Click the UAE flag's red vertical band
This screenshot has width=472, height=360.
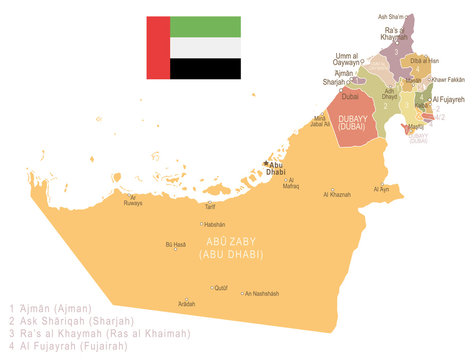(157, 47)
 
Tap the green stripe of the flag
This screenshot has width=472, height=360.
(204, 26)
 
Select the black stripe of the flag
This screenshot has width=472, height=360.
(204, 68)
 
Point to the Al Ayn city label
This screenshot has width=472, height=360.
(381, 189)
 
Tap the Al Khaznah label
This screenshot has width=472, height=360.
(337, 194)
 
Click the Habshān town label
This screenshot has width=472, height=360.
(214, 224)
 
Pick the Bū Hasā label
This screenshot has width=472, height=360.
(175, 244)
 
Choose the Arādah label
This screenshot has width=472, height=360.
(186, 302)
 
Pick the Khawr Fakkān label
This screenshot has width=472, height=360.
(448, 79)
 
